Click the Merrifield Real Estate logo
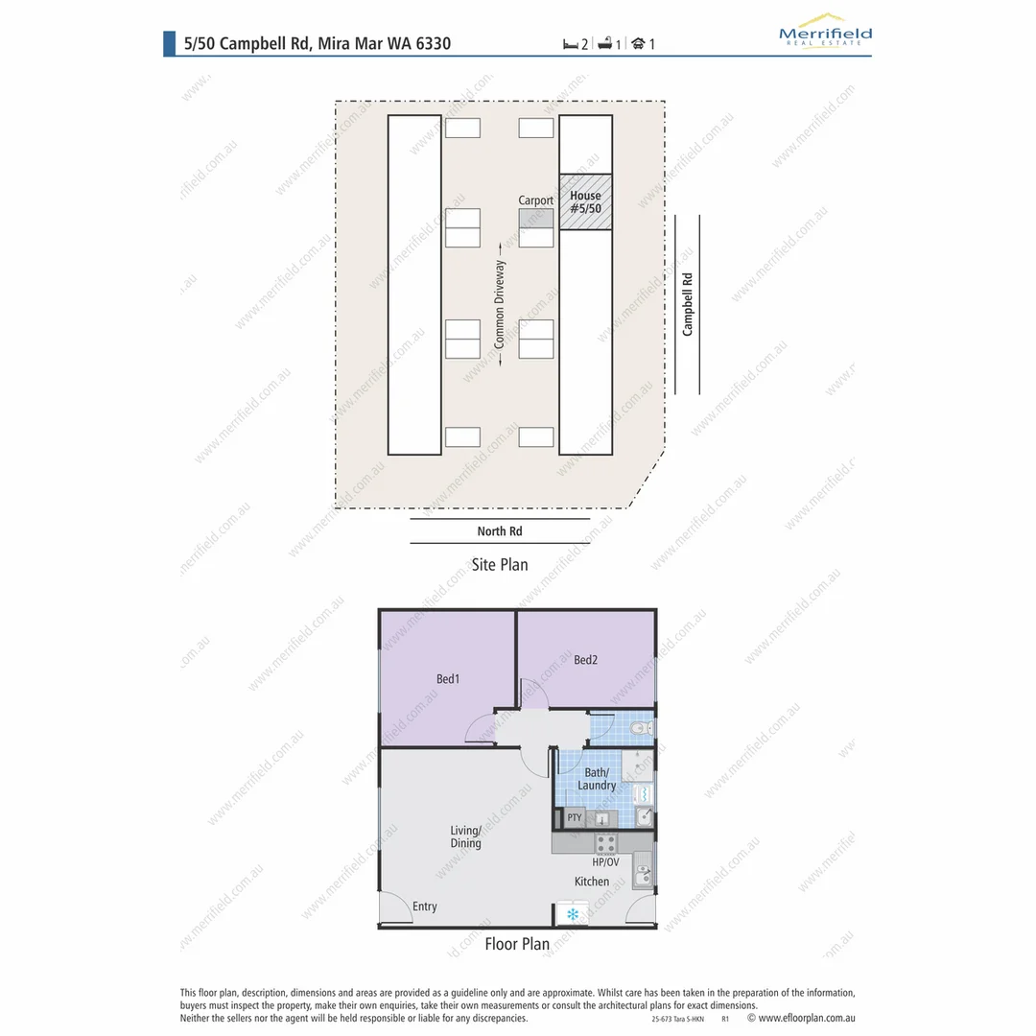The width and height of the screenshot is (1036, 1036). [825, 30]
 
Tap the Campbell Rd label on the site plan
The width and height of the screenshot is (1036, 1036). [687, 304]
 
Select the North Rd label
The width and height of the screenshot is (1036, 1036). [500, 531]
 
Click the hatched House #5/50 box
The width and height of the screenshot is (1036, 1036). [585, 201]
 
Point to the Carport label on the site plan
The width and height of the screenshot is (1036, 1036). [536, 200]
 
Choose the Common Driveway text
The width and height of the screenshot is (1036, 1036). [500, 304]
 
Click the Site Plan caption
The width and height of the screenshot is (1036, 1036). [500, 564]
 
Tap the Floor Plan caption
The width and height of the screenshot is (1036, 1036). [517, 944]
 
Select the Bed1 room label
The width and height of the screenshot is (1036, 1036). [448, 679]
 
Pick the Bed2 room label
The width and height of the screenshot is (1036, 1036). [586, 660]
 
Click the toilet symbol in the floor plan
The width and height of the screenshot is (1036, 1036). [644, 728]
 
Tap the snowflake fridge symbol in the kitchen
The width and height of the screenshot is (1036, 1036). [573, 914]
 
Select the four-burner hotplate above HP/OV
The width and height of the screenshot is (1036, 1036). [605, 844]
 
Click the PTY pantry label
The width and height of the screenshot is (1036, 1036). [575, 818]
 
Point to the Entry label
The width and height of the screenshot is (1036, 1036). [424, 906]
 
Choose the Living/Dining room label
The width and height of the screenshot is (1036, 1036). [466, 837]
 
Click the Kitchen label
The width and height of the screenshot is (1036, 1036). [592, 882]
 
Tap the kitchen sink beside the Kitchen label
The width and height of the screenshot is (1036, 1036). [644, 874]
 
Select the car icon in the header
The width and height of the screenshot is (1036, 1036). [638, 43]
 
